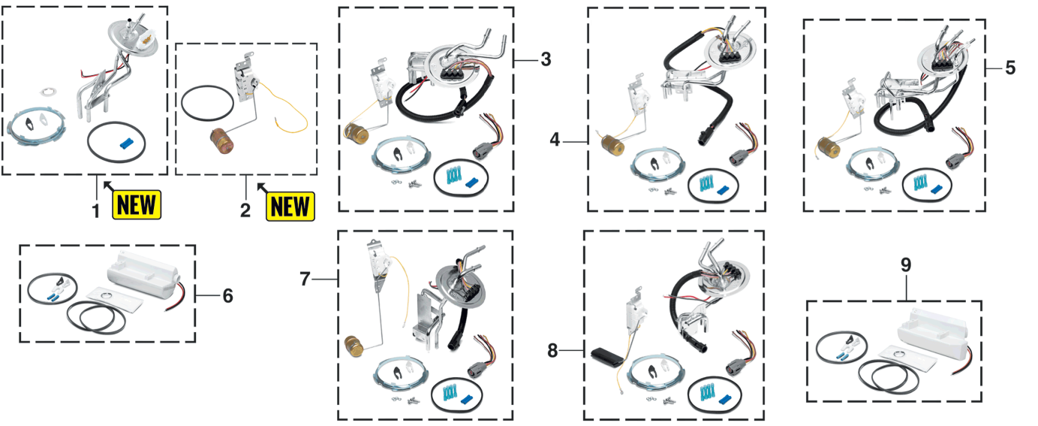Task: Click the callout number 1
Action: coord(96,211)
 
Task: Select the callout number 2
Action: coord(245,210)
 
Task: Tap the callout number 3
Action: coord(546,59)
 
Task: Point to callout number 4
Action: coord(555,140)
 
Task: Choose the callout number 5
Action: coord(1010,68)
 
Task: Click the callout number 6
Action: coord(227,296)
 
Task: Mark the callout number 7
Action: coord(305,279)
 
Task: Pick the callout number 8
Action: coord(552,351)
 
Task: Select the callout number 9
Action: coord(906,265)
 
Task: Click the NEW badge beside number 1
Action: coord(137,204)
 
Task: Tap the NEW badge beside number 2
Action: coord(290,207)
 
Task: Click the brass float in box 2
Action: coord(222,140)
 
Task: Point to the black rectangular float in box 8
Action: coord(608,357)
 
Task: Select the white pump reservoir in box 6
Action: coord(144,276)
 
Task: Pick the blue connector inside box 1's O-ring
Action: coord(127,144)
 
